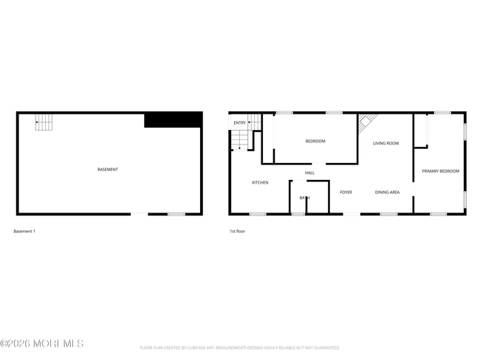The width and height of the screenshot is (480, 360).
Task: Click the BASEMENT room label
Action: click(x=108, y=170)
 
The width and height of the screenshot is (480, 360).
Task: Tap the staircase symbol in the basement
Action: click(x=44, y=122)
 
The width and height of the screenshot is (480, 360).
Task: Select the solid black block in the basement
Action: click(x=173, y=120)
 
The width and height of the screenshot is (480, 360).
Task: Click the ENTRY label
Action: click(x=240, y=122)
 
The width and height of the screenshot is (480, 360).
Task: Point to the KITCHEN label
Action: click(x=260, y=182)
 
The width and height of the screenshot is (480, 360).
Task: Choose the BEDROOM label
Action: click(x=315, y=141)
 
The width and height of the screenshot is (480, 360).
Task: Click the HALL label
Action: click(x=310, y=173)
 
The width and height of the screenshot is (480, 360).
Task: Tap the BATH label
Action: click(x=304, y=198)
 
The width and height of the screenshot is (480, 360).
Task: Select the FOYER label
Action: click(x=346, y=193)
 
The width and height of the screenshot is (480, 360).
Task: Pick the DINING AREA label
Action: click(x=387, y=193)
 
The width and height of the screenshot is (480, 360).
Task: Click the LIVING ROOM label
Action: click(x=385, y=143)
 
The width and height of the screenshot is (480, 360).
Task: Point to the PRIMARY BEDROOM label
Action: click(x=440, y=171)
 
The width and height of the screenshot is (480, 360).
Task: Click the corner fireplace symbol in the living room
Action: click(x=368, y=122)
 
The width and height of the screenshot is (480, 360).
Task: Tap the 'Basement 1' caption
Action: click(x=24, y=232)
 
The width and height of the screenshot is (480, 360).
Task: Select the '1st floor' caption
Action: click(x=237, y=232)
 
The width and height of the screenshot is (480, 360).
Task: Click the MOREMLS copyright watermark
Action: click(x=42, y=344)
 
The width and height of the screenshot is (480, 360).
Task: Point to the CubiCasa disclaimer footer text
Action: click(x=239, y=347)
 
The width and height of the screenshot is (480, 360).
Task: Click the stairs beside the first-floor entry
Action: click(x=241, y=139)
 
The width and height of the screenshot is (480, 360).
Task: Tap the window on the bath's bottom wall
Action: click(x=298, y=214)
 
